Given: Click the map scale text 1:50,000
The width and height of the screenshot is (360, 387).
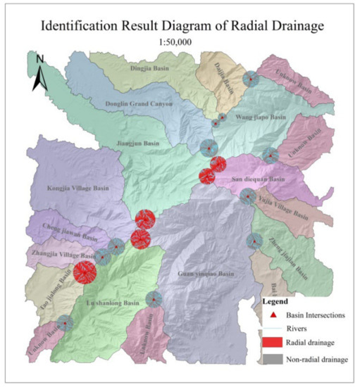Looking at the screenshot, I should [x=180, y=42].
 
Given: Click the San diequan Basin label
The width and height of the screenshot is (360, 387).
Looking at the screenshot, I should [x=258, y=179].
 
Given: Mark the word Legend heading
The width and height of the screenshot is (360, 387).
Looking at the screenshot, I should [x=275, y=301].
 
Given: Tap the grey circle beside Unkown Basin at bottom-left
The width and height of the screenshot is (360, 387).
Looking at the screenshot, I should [x=65, y=323].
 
